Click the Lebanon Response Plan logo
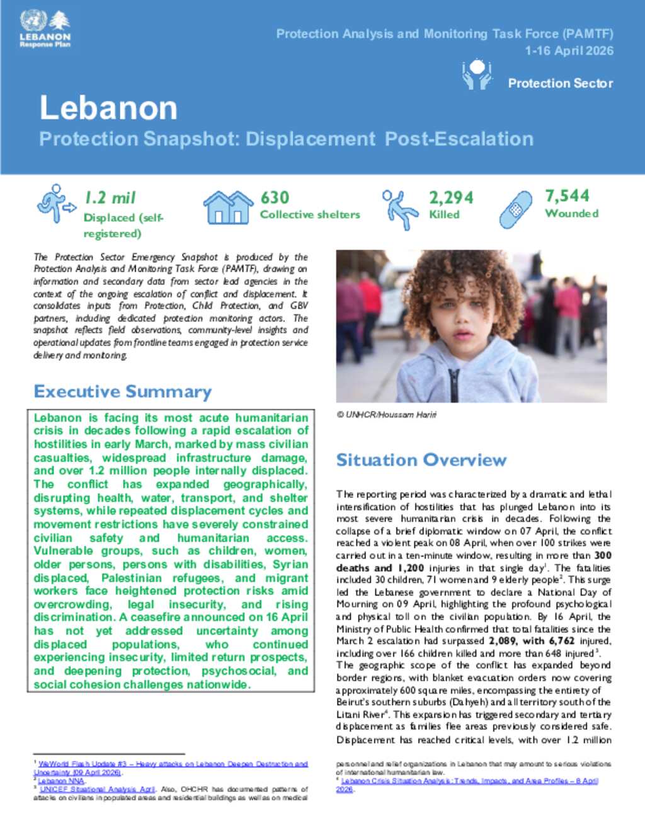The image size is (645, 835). (x=45, y=29)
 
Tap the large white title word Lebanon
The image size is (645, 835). (x=108, y=108)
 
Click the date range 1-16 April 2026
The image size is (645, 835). (x=569, y=51)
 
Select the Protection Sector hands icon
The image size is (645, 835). (x=477, y=74)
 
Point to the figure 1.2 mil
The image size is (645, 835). (x=110, y=198)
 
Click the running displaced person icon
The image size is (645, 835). (x=55, y=203)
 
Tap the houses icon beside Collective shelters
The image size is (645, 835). (x=227, y=206)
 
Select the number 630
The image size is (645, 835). (x=275, y=198)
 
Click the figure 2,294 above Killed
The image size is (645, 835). (x=451, y=198)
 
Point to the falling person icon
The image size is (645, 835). (x=400, y=209)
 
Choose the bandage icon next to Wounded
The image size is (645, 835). (x=516, y=209)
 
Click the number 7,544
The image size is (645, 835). (x=567, y=196)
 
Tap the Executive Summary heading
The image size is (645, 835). (x=123, y=391)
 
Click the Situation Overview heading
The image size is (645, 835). (x=421, y=460)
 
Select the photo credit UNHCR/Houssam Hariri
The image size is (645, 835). (x=386, y=415)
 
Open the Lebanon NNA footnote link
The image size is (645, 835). (x=61, y=781)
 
